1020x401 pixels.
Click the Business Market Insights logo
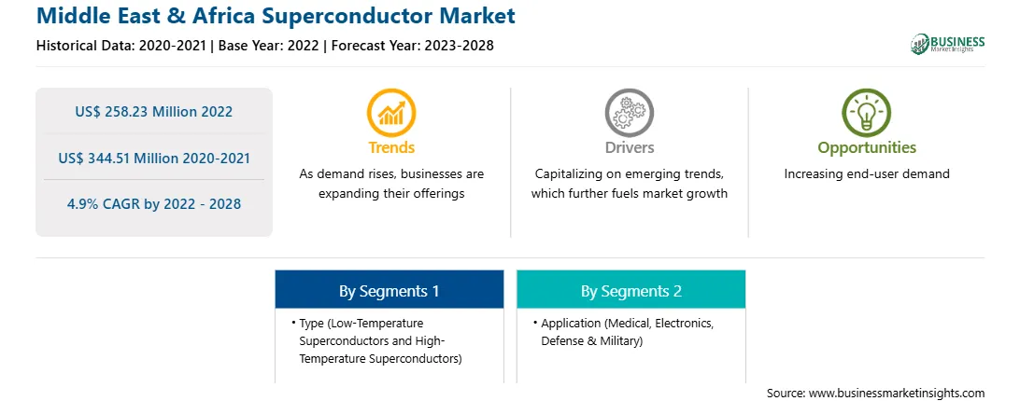click(948, 44)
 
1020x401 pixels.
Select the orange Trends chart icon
click(391, 112)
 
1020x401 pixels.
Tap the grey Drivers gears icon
click(629, 112)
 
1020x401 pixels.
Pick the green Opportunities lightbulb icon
click(867, 112)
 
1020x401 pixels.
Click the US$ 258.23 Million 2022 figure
click(153, 112)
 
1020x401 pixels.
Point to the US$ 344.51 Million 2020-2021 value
click(153, 158)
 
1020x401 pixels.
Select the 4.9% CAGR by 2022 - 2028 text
click(153, 204)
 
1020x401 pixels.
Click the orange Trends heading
click(391, 147)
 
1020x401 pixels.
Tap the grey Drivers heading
click(629, 147)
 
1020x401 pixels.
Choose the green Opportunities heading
click(867, 147)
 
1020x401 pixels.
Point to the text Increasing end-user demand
click(867, 174)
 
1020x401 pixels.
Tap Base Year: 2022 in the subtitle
click(269, 46)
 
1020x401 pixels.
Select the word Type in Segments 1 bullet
click(311, 323)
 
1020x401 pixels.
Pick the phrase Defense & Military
click(591, 340)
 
